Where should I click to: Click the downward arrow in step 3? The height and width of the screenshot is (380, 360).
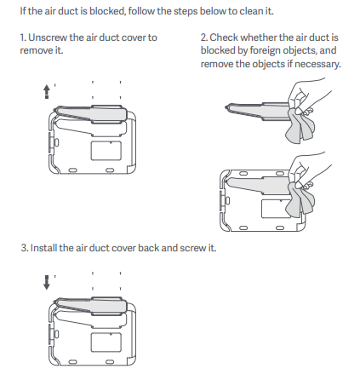47,282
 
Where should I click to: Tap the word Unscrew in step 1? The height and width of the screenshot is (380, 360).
48,37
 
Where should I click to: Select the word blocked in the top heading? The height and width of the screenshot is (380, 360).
107,11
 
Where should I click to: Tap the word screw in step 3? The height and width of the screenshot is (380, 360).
193,248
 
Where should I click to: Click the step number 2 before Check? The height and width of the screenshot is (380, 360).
204,37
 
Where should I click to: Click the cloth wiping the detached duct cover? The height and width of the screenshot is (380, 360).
300,127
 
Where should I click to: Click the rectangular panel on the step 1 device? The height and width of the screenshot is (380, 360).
106,150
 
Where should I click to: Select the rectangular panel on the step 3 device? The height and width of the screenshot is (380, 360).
106,342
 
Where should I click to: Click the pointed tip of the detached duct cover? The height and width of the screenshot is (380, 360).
226,107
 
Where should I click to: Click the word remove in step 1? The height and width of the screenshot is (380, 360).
36,50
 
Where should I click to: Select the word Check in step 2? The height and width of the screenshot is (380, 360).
224,37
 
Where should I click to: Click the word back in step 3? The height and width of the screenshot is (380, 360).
149,248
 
